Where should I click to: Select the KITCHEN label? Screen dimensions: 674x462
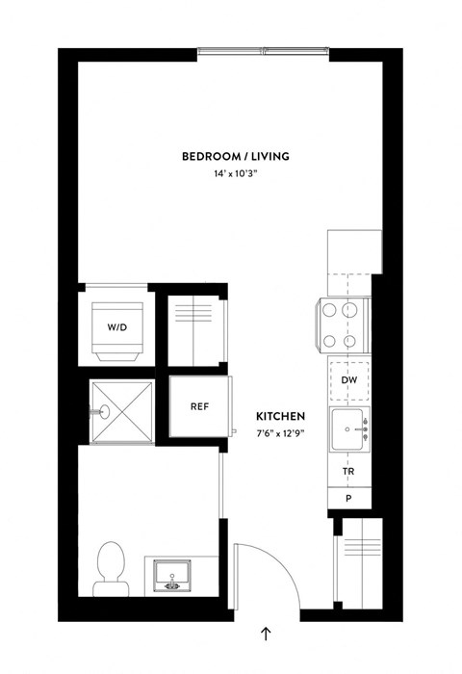(281, 417)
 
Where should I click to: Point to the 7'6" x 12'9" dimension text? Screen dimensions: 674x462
(281, 433)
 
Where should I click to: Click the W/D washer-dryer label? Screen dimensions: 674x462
(116, 327)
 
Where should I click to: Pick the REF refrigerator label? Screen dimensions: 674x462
(200, 407)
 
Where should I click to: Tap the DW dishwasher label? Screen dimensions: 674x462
(350, 380)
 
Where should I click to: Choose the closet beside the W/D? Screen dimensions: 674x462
(195, 327)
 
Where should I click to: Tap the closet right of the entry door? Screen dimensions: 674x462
(357, 560)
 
